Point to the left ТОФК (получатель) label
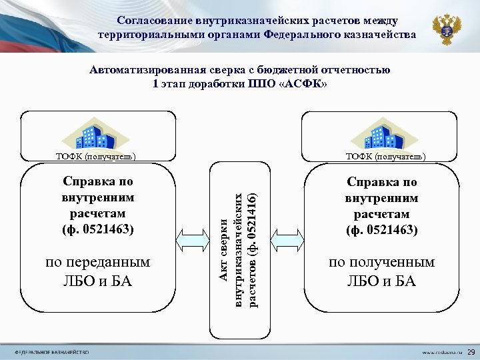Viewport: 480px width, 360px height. pos(97,157)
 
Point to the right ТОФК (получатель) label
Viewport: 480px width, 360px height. pos(383,157)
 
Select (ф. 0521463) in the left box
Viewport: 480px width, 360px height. pos(98,230)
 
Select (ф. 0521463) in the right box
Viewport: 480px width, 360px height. pos(382,230)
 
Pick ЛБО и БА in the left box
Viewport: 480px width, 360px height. pos(97,281)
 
